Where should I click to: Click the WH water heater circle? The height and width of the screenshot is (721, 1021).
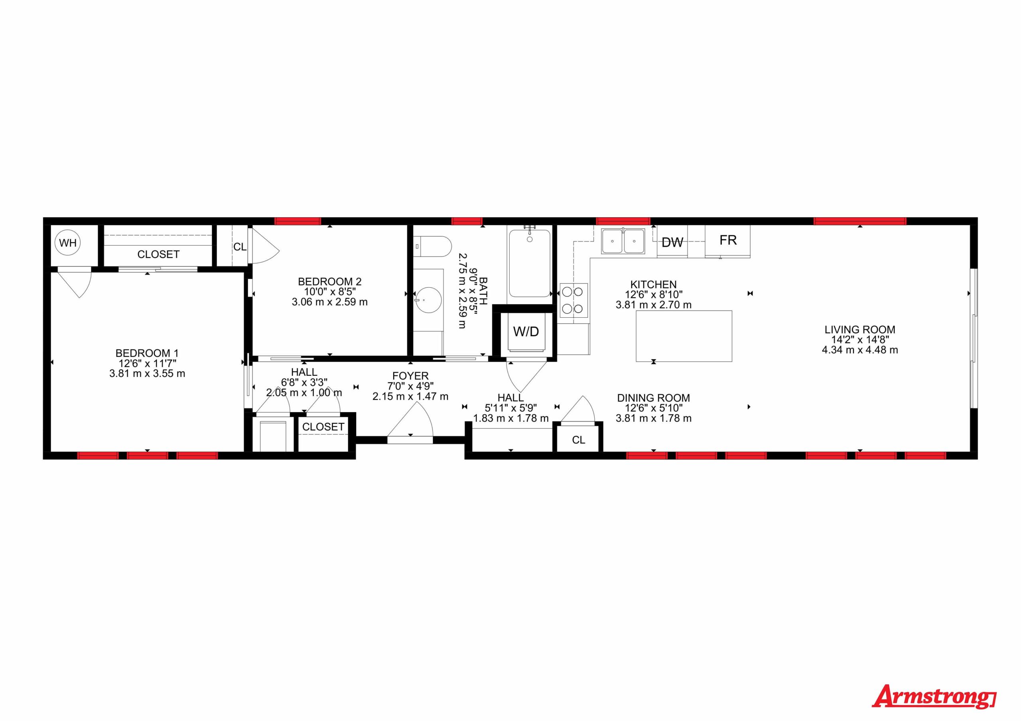coord(68,243)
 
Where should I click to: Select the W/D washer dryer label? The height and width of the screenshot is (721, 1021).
coord(526,331)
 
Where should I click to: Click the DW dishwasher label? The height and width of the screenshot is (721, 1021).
coord(672,242)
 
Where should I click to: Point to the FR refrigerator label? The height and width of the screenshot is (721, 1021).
coord(728,240)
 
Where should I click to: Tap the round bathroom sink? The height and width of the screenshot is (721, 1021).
coord(428,300)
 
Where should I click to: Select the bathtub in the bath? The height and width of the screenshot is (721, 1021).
coord(530,262)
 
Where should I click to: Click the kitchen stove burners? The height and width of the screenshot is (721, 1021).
coord(573,300)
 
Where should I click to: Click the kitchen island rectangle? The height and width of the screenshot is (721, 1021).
coord(684,336)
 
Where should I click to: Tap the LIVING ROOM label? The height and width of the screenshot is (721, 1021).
coord(860,329)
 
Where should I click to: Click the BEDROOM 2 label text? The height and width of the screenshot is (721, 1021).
coord(329,281)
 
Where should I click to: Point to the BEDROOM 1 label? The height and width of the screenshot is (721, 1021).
coord(147,353)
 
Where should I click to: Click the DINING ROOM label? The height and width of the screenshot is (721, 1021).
coord(653,398)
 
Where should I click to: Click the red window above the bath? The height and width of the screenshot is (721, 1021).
coord(467,221)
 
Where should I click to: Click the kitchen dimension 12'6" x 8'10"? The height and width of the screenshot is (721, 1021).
coord(653,294)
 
